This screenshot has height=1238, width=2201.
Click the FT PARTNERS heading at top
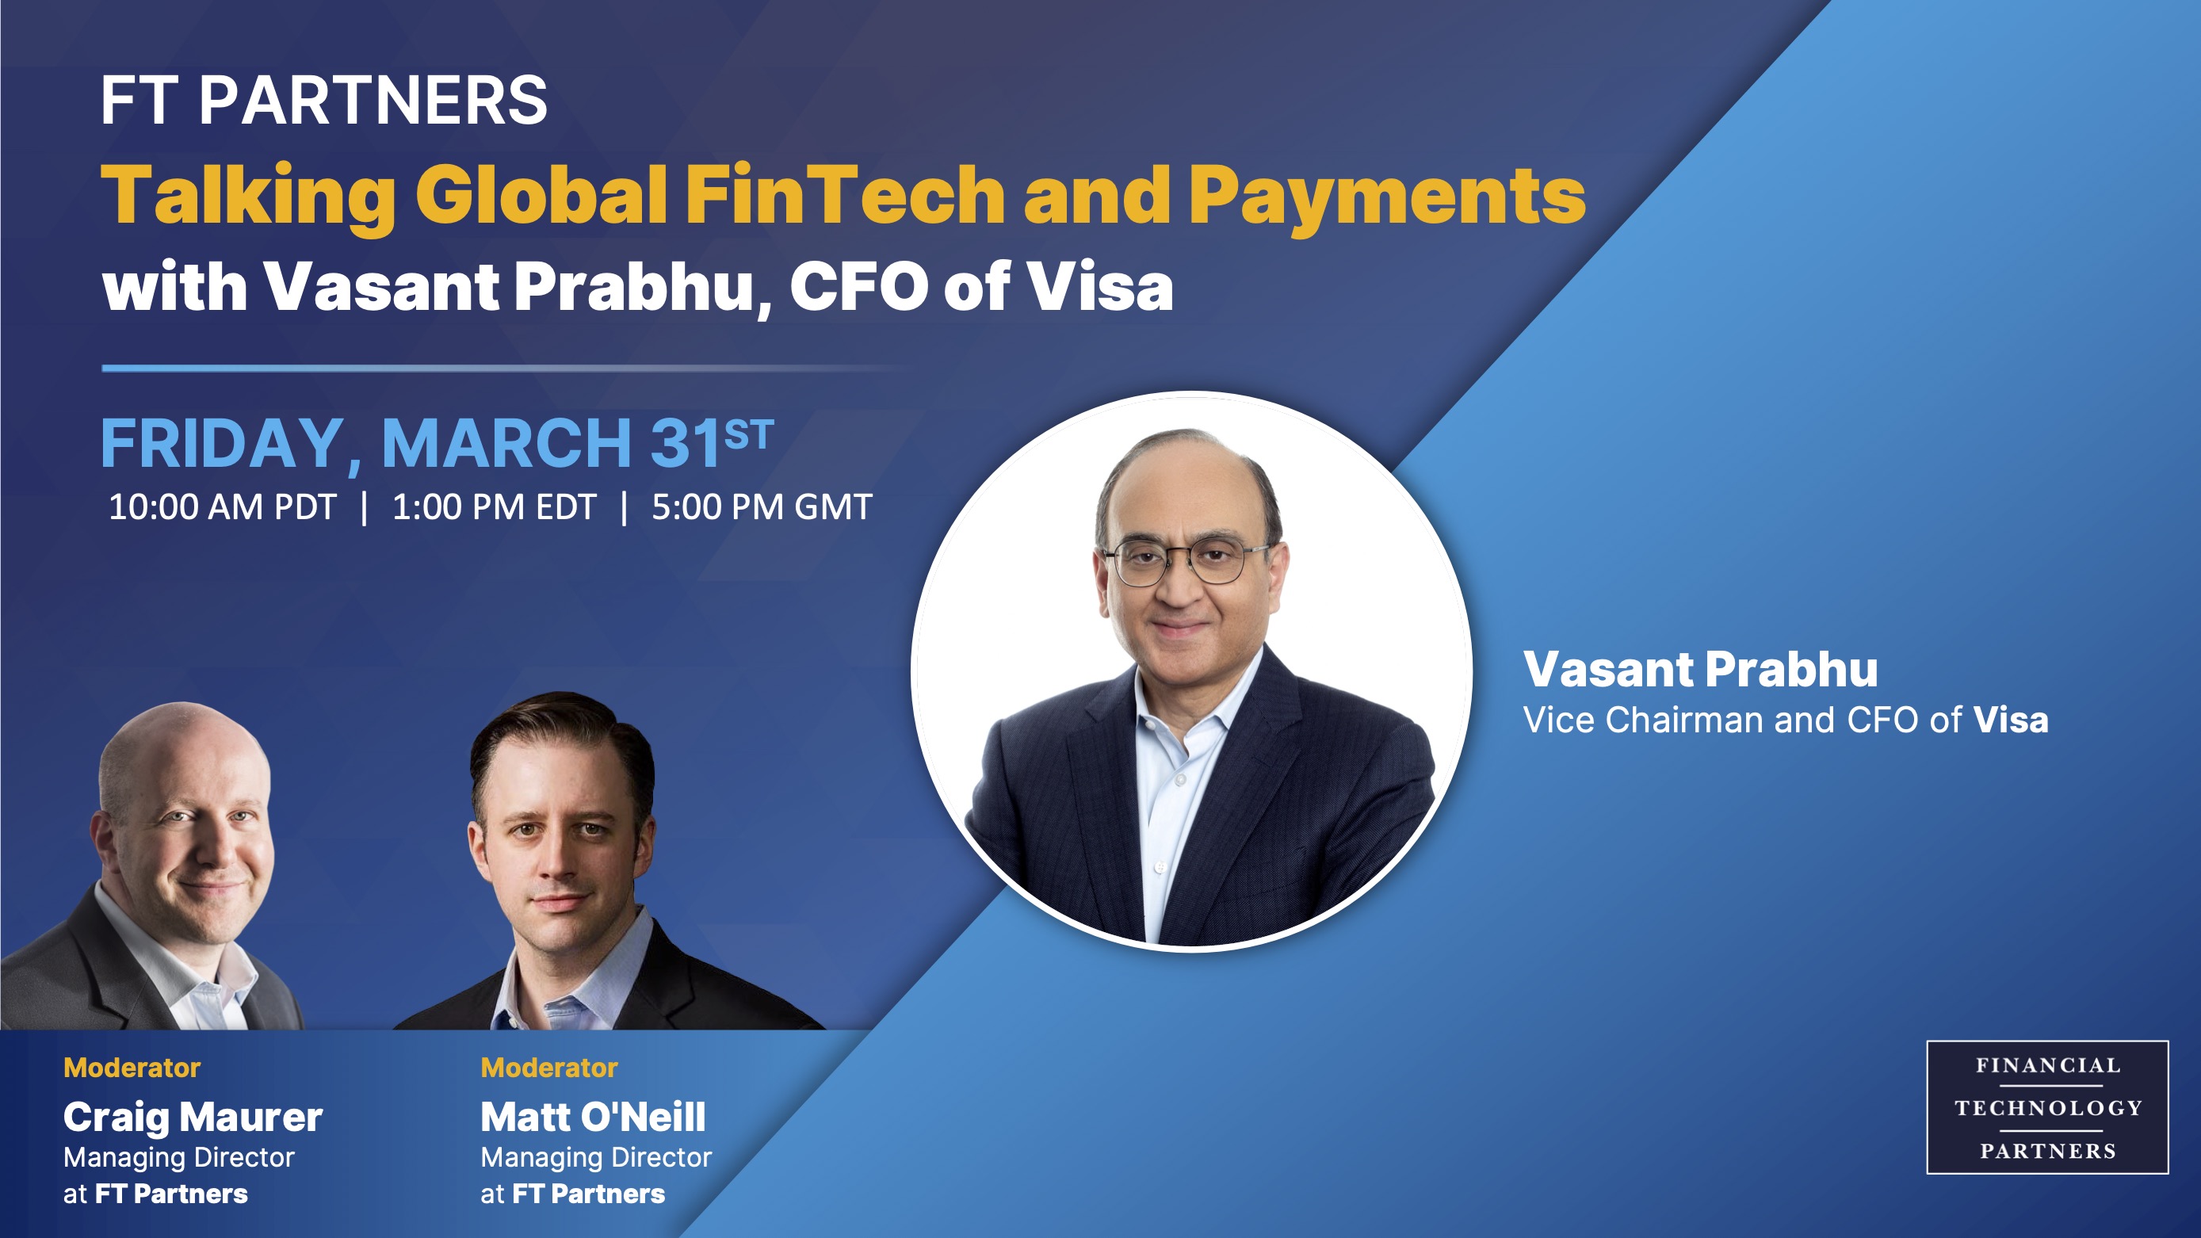click(x=324, y=101)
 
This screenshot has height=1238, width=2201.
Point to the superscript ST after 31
click(x=748, y=435)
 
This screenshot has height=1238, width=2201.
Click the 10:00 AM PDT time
click(x=222, y=507)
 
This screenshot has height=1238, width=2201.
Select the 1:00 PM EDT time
click(x=494, y=507)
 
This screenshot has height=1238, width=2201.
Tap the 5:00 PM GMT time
click(x=762, y=507)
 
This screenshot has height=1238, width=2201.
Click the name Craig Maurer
click(x=193, y=1118)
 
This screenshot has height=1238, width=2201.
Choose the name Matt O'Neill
click(x=593, y=1117)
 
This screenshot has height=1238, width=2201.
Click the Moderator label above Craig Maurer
click(x=132, y=1067)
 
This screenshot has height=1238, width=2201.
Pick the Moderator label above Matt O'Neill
click(x=549, y=1067)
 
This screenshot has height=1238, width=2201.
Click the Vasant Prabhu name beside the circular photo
click(x=1700, y=669)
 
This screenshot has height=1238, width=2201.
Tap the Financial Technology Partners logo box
click(x=2047, y=1107)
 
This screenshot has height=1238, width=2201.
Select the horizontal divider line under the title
click(x=504, y=369)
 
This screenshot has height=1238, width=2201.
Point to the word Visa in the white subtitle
click(x=1100, y=287)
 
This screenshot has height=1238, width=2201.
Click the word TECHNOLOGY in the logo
click(x=2048, y=1108)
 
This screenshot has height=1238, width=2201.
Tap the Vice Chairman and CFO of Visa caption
click(x=1786, y=720)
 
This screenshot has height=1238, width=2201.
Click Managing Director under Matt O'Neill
click(x=596, y=1158)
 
